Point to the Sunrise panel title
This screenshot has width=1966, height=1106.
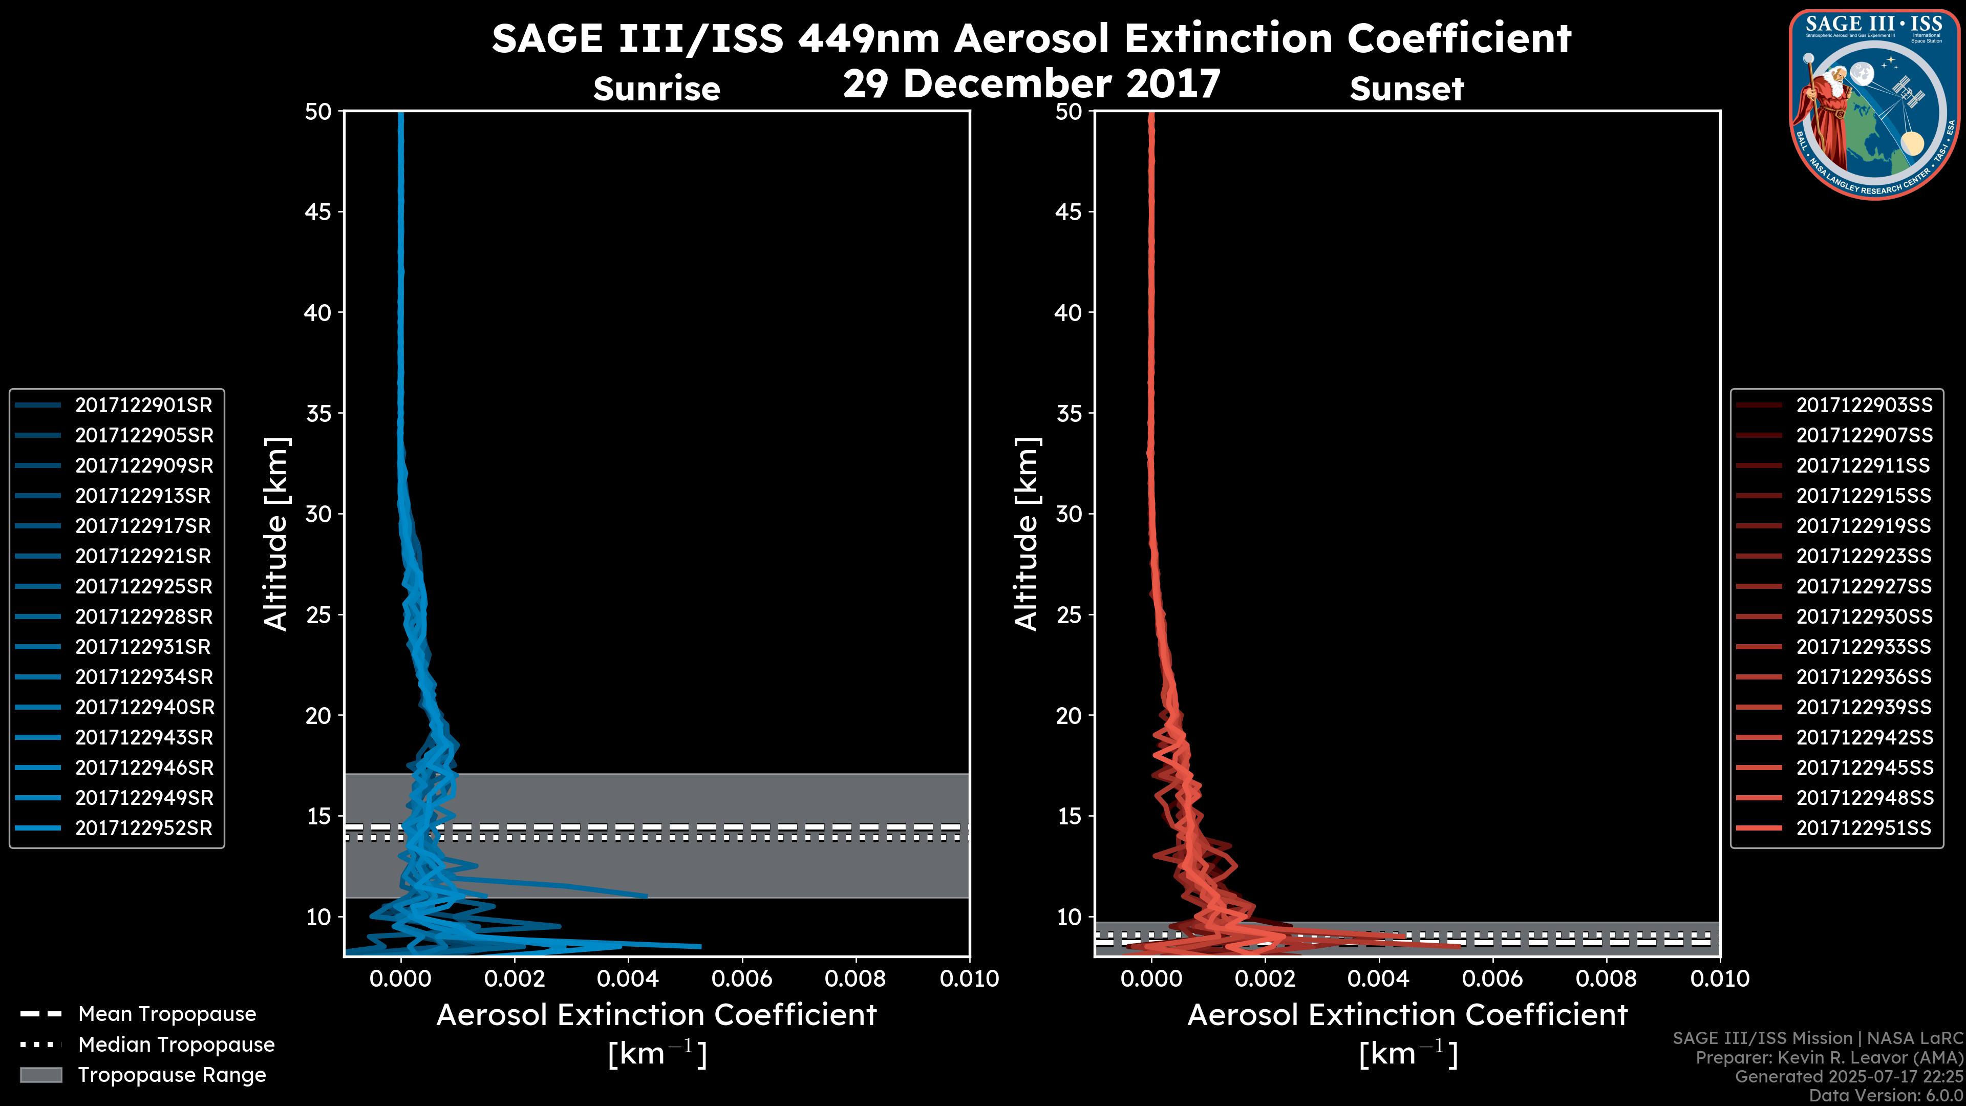pyautogui.click(x=656, y=89)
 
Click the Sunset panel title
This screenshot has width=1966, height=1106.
pyautogui.click(x=1406, y=89)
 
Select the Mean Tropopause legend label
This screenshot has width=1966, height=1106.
pyautogui.click(x=167, y=1014)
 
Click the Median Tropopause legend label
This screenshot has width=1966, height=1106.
pyautogui.click(x=176, y=1045)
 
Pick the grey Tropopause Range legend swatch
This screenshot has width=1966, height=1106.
pyautogui.click(x=40, y=1075)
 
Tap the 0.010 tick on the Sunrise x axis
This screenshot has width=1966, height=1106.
pyautogui.click(x=969, y=979)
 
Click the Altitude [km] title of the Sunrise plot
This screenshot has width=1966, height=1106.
pyautogui.click(x=275, y=534)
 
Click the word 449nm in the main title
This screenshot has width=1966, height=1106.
pyautogui.click(x=868, y=39)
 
